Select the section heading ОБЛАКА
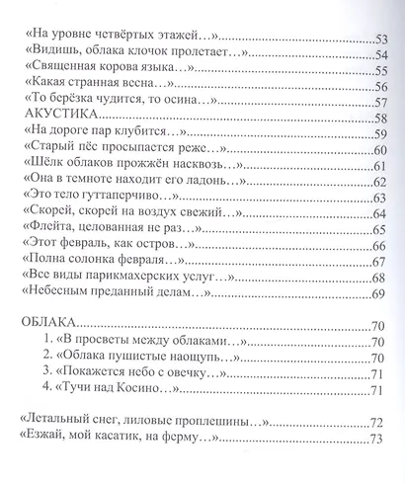click(x=46, y=324)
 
